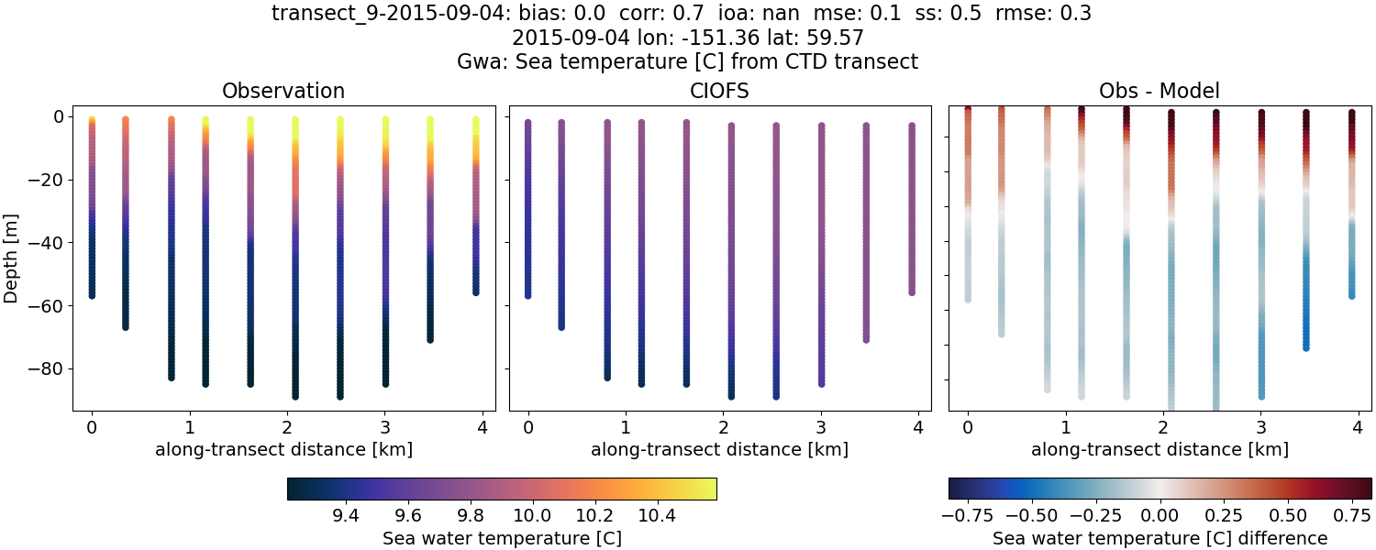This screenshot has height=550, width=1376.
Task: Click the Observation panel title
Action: [283, 91]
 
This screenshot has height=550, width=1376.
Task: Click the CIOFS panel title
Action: [719, 91]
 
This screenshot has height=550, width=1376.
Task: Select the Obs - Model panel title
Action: [1159, 91]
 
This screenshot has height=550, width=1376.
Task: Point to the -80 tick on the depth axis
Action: [54, 368]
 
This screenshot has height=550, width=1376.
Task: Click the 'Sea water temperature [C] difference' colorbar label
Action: [1160, 538]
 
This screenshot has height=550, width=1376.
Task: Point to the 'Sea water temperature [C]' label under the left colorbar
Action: [502, 538]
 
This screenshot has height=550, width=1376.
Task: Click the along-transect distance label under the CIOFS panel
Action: [719, 449]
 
